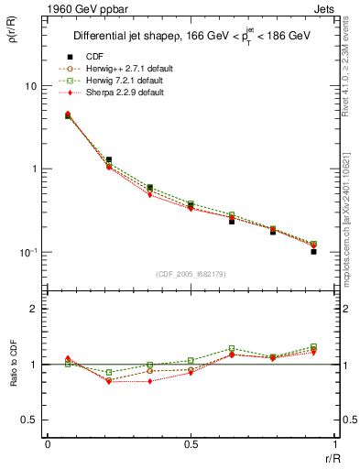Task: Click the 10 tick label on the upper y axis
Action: (30, 86)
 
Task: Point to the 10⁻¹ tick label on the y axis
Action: (27, 252)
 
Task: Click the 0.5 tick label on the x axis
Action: (191, 443)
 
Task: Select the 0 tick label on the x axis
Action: (48, 443)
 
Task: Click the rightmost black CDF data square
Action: (313, 251)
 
